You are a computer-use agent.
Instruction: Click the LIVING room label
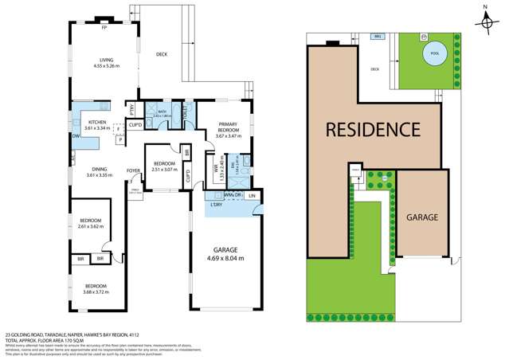coord(106,59)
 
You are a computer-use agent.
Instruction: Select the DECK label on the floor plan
coord(162,54)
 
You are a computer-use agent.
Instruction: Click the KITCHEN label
coord(85,122)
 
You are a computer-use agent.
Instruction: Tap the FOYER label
coord(135,170)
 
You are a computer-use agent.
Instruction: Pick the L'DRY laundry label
coord(215,205)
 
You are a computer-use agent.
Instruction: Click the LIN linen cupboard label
coord(251,195)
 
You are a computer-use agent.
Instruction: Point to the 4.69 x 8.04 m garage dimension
coord(225,258)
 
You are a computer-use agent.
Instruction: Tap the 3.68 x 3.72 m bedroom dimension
coord(96,292)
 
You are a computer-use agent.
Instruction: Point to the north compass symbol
coord(487,22)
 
